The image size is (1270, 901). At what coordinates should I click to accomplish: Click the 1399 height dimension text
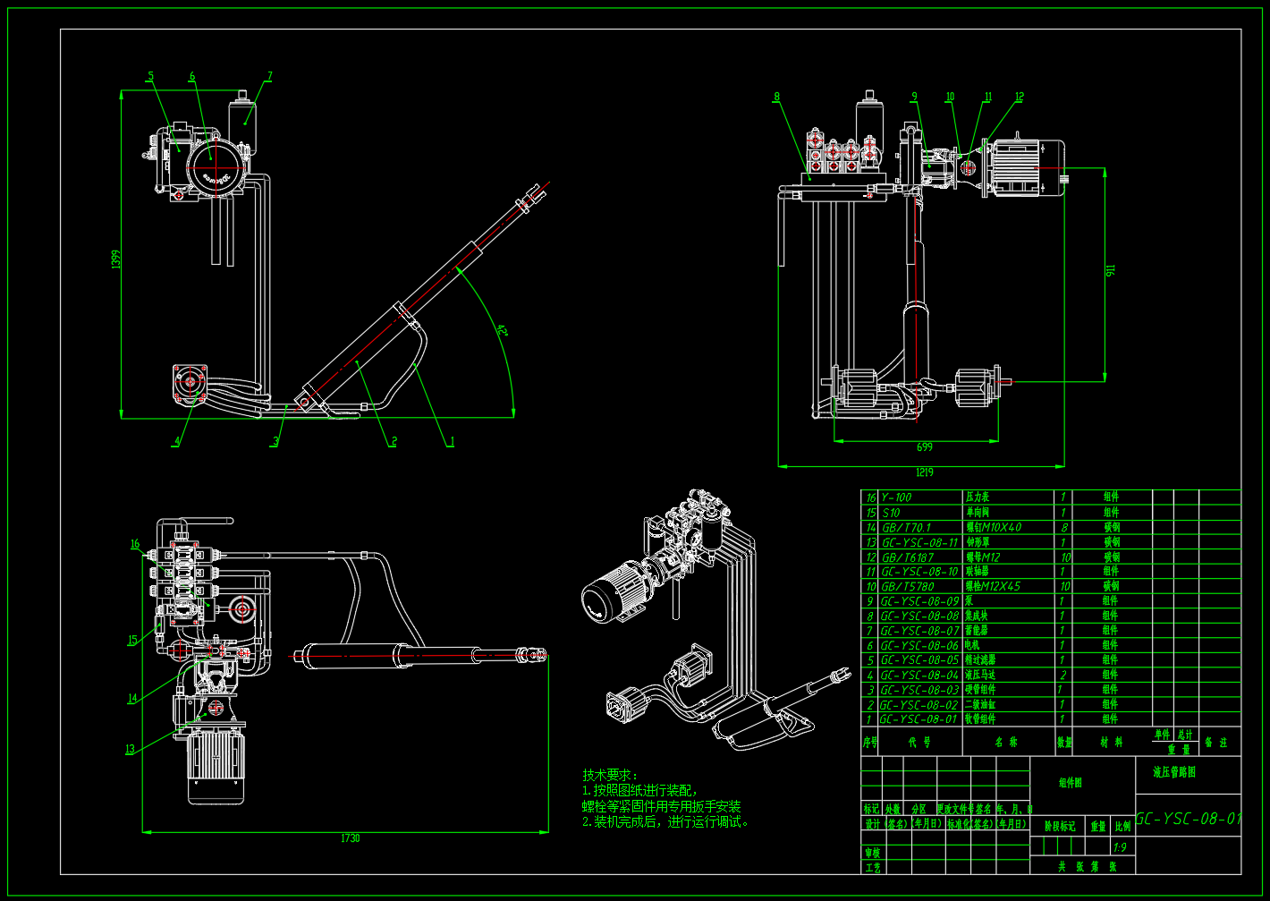[115, 259]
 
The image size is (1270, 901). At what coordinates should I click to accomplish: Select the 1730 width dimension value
[350, 838]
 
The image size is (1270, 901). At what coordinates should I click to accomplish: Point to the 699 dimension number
[924, 446]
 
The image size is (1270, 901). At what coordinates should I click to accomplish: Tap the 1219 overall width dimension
[924, 472]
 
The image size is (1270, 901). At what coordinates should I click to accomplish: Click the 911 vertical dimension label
[1111, 269]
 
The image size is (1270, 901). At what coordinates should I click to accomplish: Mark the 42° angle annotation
[502, 331]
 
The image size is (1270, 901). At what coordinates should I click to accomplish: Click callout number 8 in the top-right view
[776, 97]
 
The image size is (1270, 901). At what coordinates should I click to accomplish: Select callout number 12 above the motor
[1019, 97]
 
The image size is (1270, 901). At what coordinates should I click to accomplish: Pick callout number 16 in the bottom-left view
[135, 544]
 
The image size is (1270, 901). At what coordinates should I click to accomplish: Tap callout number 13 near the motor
[130, 750]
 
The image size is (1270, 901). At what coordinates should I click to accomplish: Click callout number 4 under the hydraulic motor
[177, 441]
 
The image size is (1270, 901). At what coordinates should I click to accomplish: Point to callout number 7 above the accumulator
[269, 77]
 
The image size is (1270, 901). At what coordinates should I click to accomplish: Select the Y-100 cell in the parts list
[896, 497]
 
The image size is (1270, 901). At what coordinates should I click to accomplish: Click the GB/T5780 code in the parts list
[908, 587]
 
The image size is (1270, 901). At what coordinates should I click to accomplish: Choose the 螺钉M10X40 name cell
[993, 528]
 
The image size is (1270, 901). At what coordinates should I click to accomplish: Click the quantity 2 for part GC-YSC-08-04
[1063, 676]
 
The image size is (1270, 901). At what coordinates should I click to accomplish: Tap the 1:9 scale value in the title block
[1119, 847]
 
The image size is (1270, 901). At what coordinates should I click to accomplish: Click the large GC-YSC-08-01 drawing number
[1189, 819]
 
